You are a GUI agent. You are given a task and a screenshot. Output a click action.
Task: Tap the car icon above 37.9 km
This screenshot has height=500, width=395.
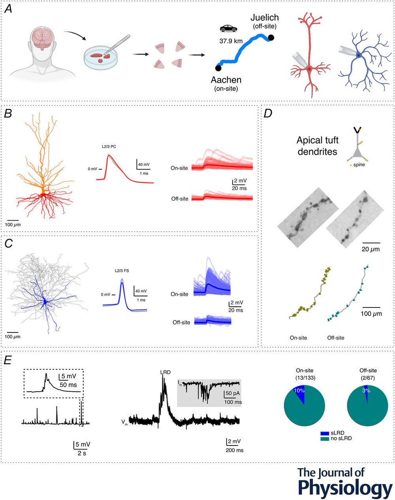(x=227, y=29)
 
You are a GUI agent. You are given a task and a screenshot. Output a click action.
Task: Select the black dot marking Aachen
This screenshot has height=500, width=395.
(x=218, y=67)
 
